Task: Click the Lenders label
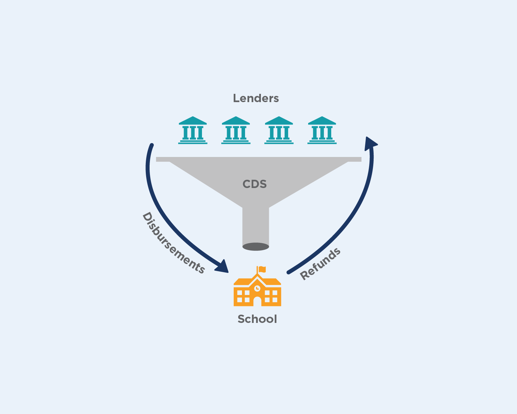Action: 256,98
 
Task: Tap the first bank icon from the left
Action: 193,130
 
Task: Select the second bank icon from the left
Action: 236,130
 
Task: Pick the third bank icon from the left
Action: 279,130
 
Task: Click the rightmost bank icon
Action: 322,130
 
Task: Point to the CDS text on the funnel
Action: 255,184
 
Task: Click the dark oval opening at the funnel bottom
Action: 256,247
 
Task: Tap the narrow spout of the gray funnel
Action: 256,224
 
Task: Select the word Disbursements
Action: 173,244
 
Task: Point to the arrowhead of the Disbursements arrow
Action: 223,267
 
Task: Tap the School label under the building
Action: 257,319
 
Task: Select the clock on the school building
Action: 257,288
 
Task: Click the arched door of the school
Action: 257,301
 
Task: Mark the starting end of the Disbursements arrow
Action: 152,145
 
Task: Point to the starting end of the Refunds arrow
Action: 288,273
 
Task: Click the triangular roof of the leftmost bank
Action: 193,120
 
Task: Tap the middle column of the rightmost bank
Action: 322,133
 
